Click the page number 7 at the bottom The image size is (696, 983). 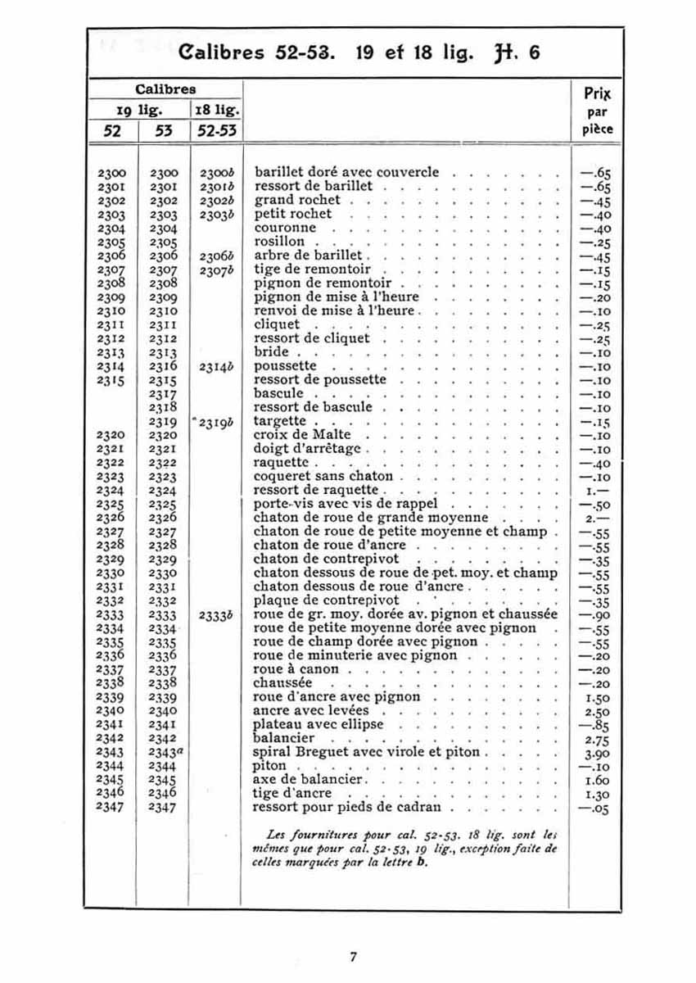coord(353,956)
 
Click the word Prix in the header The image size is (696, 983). coord(599,93)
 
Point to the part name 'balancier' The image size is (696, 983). coord(284,738)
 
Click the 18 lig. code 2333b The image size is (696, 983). coord(217,614)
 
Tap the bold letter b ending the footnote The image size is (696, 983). coord(423,863)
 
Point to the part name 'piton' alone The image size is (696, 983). coord(270,766)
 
